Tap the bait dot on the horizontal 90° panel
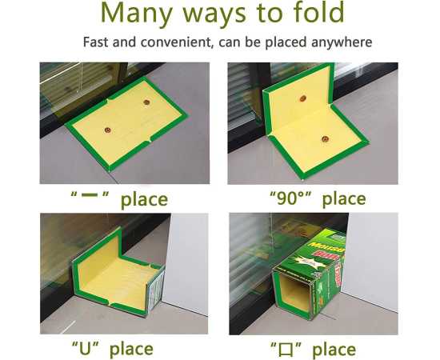(x=326, y=137)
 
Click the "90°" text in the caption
(x=286, y=198)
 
